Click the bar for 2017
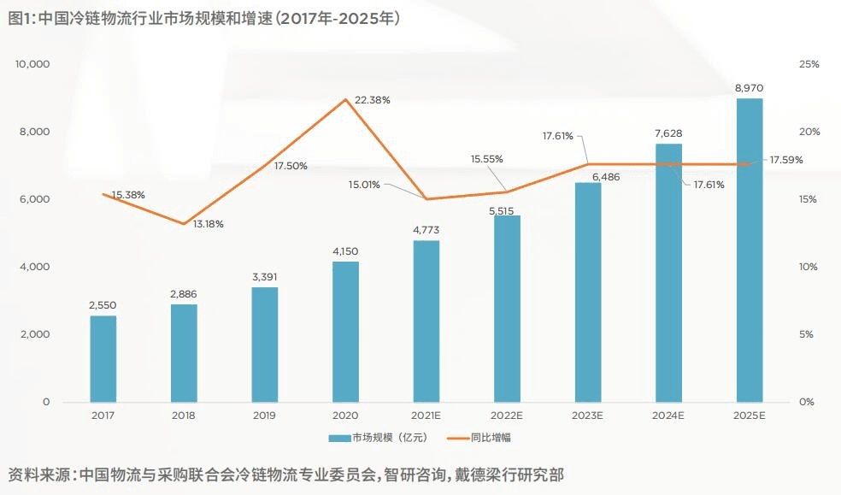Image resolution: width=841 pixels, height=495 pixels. tap(103, 358)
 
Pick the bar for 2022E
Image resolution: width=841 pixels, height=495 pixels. tap(507, 308)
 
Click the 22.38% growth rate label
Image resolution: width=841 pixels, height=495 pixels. tap(373, 100)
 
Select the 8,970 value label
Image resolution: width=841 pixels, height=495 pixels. tap(750, 88)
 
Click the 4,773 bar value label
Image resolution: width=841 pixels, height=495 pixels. tap(426, 229)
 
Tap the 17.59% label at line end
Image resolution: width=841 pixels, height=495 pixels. tap(786, 160)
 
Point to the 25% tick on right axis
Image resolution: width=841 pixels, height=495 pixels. tap(809, 64)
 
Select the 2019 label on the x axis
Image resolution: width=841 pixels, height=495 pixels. tap(264, 415)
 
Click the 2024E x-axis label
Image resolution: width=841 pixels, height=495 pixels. tap(668, 415)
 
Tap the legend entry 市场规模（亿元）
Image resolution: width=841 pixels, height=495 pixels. tap(378, 437)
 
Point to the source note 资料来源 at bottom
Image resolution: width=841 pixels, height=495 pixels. tap(285, 474)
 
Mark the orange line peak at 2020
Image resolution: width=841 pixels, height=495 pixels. tap(345, 99)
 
